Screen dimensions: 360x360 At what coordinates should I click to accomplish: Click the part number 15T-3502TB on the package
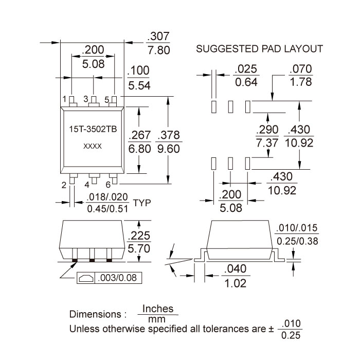[x=93, y=130]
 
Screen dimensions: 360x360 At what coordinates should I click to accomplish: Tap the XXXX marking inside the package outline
[x=93, y=147]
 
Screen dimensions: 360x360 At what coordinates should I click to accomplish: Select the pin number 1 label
[x=65, y=99]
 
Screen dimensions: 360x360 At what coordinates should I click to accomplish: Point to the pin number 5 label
[x=106, y=99]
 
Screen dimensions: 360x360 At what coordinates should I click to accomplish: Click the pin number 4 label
[x=87, y=184]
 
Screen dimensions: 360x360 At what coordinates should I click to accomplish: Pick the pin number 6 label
[x=108, y=184]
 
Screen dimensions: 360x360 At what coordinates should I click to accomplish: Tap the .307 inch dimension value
[x=158, y=37]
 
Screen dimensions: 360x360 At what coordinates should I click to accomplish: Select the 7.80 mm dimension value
[x=158, y=51]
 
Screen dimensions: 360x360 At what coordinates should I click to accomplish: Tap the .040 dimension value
[x=236, y=268]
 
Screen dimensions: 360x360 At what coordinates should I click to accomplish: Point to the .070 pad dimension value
[x=300, y=69]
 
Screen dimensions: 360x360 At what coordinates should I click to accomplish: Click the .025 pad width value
[x=245, y=69]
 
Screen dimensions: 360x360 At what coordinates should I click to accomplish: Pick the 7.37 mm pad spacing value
[x=267, y=142]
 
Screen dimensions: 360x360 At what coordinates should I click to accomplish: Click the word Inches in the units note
[x=157, y=309]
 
